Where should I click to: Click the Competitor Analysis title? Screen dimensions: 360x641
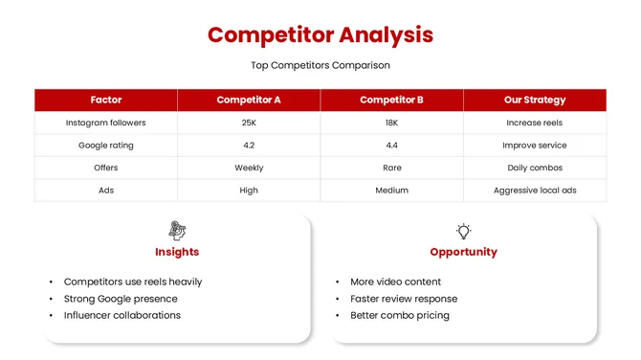pyautogui.click(x=320, y=35)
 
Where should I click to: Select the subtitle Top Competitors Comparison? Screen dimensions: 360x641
pyautogui.click(x=320, y=65)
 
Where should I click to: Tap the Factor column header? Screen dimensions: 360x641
pyautogui.click(x=106, y=100)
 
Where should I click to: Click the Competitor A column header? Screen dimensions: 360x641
pyautogui.click(x=249, y=100)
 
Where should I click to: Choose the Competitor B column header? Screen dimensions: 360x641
pyautogui.click(x=391, y=100)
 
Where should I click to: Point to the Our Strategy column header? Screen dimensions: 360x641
pyautogui.click(x=535, y=100)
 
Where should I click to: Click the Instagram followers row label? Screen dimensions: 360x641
pyautogui.click(x=106, y=123)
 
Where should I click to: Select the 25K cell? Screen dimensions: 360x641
pyautogui.click(x=249, y=123)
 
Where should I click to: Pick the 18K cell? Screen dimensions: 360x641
pyautogui.click(x=391, y=123)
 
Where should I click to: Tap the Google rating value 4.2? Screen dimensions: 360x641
pyautogui.click(x=249, y=146)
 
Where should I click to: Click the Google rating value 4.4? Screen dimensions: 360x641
pyautogui.click(x=391, y=146)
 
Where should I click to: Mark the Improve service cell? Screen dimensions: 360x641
pyautogui.click(x=535, y=146)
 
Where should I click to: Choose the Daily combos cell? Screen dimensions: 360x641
pyautogui.click(x=535, y=168)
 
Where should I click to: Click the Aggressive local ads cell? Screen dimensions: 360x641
pyautogui.click(x=535, y=191)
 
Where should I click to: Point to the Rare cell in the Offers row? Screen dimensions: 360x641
pyautogui.click(x=391, y=168)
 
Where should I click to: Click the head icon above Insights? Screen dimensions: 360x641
pyautogui.click(x=177, y=230)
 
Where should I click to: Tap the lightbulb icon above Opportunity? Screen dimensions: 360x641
pyautogui.click(x=463, y=231)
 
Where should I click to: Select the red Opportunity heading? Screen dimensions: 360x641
pyautogui.click(x=463, y=252)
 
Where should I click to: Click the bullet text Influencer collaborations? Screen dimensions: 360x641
pyautogui.click(x=122, y=315)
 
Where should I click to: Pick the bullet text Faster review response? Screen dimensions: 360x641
pyautogui.click(x=403, y=299)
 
